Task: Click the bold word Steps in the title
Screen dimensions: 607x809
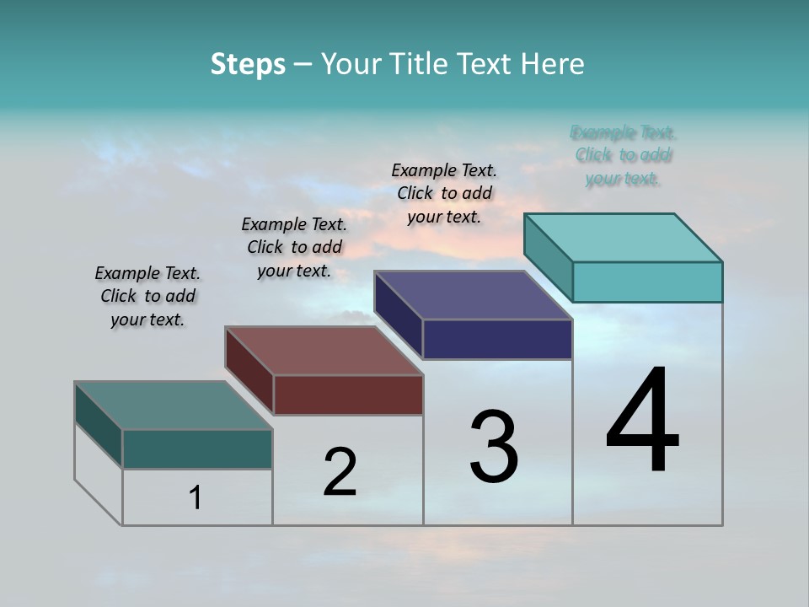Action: click(248, 64)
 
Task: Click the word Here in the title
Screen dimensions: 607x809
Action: click(553, 64)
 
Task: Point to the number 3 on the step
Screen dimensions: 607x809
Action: click(494, 447)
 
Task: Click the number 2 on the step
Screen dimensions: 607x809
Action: click(340, 472)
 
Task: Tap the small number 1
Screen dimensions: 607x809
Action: click(196, 498)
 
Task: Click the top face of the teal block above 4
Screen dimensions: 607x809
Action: click(624, 237)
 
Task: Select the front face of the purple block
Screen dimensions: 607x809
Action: click(497, 340)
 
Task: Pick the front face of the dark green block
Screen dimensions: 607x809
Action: click(197, 449)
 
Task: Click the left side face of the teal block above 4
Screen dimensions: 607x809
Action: click(549, 257)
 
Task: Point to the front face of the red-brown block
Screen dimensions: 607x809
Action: click(348, 395)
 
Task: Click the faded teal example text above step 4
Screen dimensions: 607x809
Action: click(624, 155)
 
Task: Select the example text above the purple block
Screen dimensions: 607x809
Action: click(444, 193)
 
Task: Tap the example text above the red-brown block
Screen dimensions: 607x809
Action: click(294, 247)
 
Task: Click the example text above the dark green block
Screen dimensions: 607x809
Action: click(147, 296)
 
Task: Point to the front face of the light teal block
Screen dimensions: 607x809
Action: click(647, 282)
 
